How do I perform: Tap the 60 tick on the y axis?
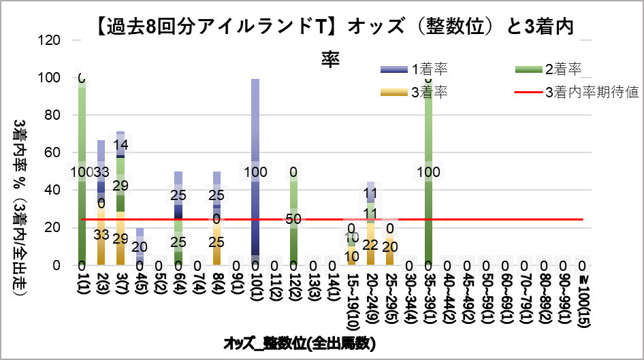[x=58, y=152]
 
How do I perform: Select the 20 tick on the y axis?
[x=58, y=227]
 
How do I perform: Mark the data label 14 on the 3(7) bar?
[x=120, y=144]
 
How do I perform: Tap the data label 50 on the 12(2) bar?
[x=293, y=219]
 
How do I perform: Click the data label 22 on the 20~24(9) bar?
[x=370, y=244]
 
